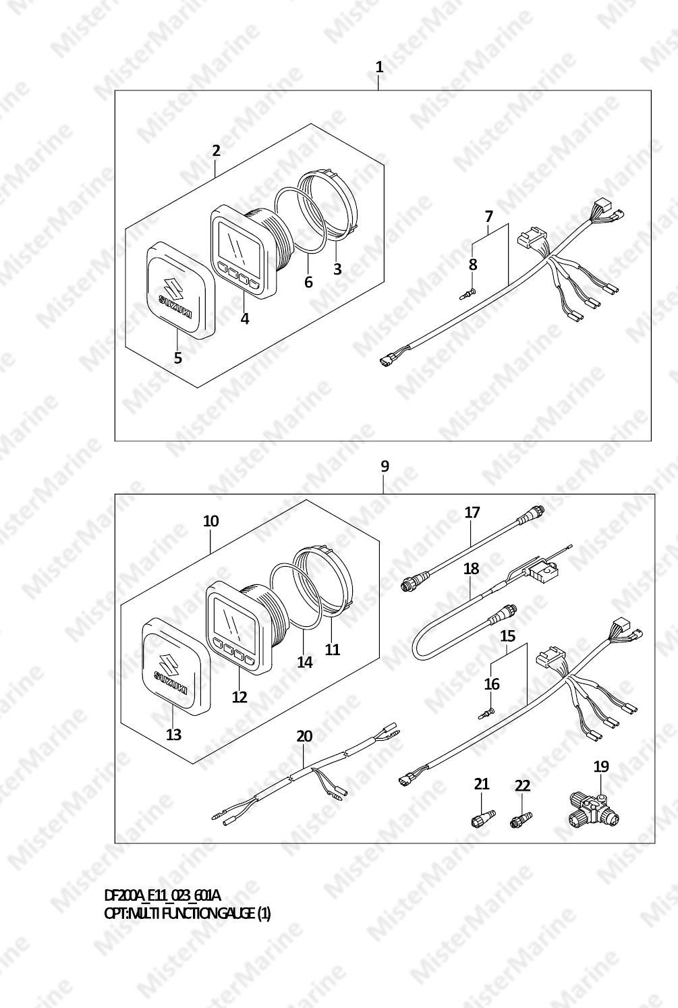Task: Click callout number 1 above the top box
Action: click(379, 67)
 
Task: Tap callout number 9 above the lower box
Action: click(385, 466)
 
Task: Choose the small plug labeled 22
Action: click(520, 819)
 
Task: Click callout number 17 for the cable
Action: click(472, 512)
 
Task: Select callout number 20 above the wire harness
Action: click(304, 736)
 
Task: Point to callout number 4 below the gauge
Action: click(245, 318)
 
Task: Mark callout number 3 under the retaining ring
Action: click(337, 269)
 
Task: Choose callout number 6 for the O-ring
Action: click(308, 282)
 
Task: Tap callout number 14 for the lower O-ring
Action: click(304, 662)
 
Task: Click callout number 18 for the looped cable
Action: click(472, 568)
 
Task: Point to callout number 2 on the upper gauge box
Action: click(217, 150)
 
